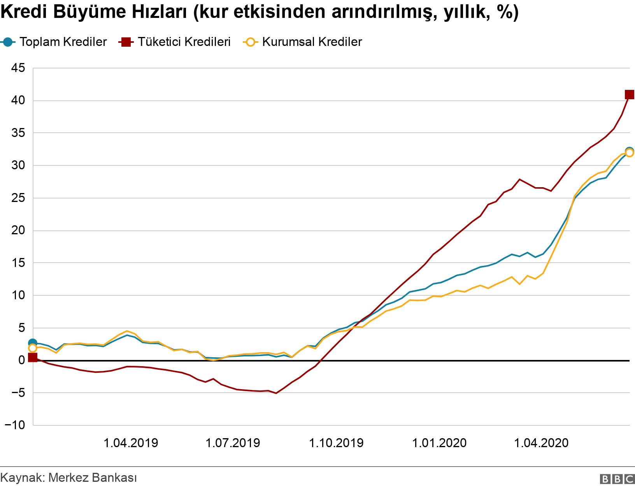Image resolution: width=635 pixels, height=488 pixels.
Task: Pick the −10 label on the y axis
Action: coord(15,425)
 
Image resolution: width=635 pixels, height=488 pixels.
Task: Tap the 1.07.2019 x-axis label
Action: coord(233,443)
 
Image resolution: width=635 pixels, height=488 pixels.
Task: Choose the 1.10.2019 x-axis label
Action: coord(336,443)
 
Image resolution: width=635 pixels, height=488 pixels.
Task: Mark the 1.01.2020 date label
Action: coord(439,443)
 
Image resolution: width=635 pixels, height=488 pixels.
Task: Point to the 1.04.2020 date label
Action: coord(541,443)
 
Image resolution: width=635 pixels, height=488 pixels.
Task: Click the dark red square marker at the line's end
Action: coord(629,95)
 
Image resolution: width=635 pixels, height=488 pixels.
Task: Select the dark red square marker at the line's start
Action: coord(33,357)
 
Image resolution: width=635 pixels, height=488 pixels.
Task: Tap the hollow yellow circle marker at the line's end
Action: coord(630,153)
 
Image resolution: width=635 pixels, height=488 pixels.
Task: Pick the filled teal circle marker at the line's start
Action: coord(33,343)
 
